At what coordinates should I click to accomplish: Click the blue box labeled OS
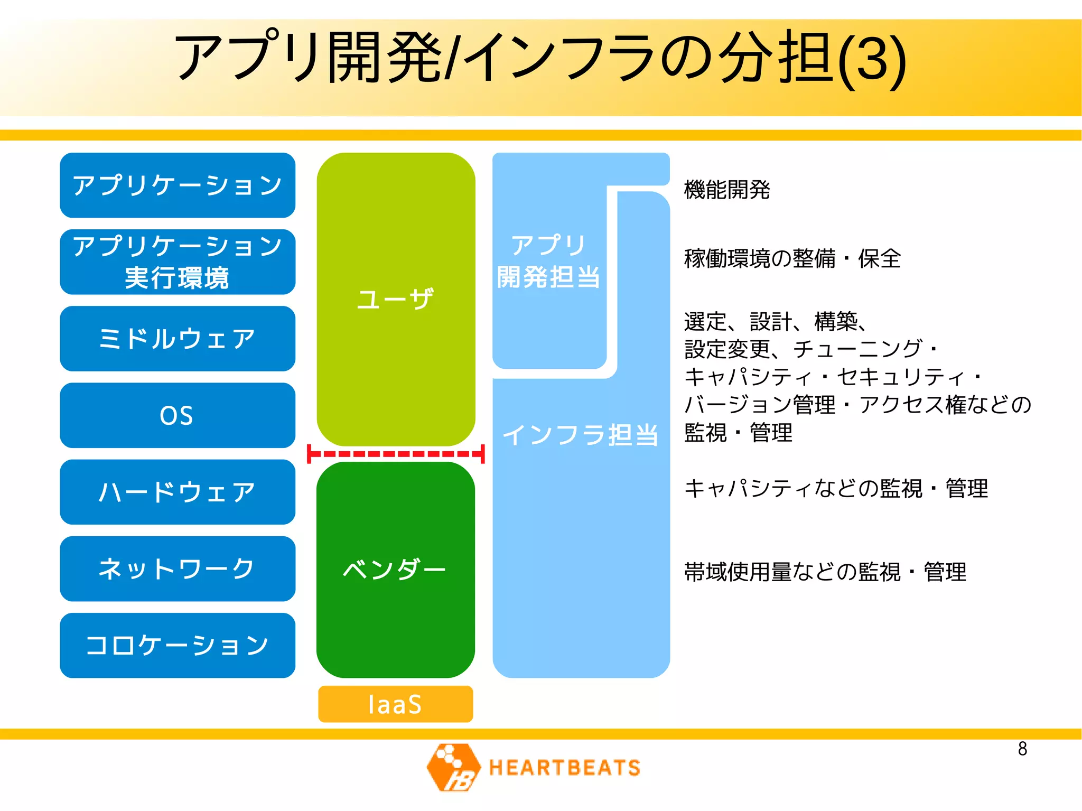pyautogui.click(x=177, y=415)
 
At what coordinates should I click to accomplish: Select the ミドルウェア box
pyautogui.click(x=177, y=339)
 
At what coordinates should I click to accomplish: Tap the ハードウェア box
pyautogui.click(x=177, y=492)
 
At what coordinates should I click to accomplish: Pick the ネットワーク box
pyautogui.click(x=177, y=568)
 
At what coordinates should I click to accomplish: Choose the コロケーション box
pyautogui.click(x=177, y=645)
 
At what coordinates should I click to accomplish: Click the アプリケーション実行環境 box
pyautogui.click(x=177, y=262)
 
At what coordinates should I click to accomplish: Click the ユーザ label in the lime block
pyautogui.click(x=395, y=299)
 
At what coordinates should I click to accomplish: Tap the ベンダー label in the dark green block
pyautogui.click(x=395, y=569)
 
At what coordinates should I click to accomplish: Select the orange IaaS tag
pyautogui.click(x=395, y=704)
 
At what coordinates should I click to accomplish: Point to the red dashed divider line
pyautogui.click(x=396, y=454)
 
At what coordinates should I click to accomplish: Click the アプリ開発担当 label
pyautogui.click(x=548, y=261)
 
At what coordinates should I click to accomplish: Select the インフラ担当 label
pyautogui.click(x=580, y=435)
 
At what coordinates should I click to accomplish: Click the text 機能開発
pyautogui.click(x=727, y=189)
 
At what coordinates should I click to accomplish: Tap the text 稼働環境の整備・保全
pyautogui.click(x=792, y=258)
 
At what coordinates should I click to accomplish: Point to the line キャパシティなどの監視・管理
pyautogui.click(x=835, y=488)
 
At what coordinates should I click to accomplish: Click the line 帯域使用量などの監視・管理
pyautogui.click(x=825, y=572)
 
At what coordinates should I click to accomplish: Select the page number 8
pyautogui.click(x=1022, y=749)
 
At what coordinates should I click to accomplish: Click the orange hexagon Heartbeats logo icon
pyautogui.click(x=453, y=767)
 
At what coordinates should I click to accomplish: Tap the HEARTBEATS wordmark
pyautogui.click(x=564, y=768)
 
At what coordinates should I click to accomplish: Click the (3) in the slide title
pyautogui.click(x=872, y=59)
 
